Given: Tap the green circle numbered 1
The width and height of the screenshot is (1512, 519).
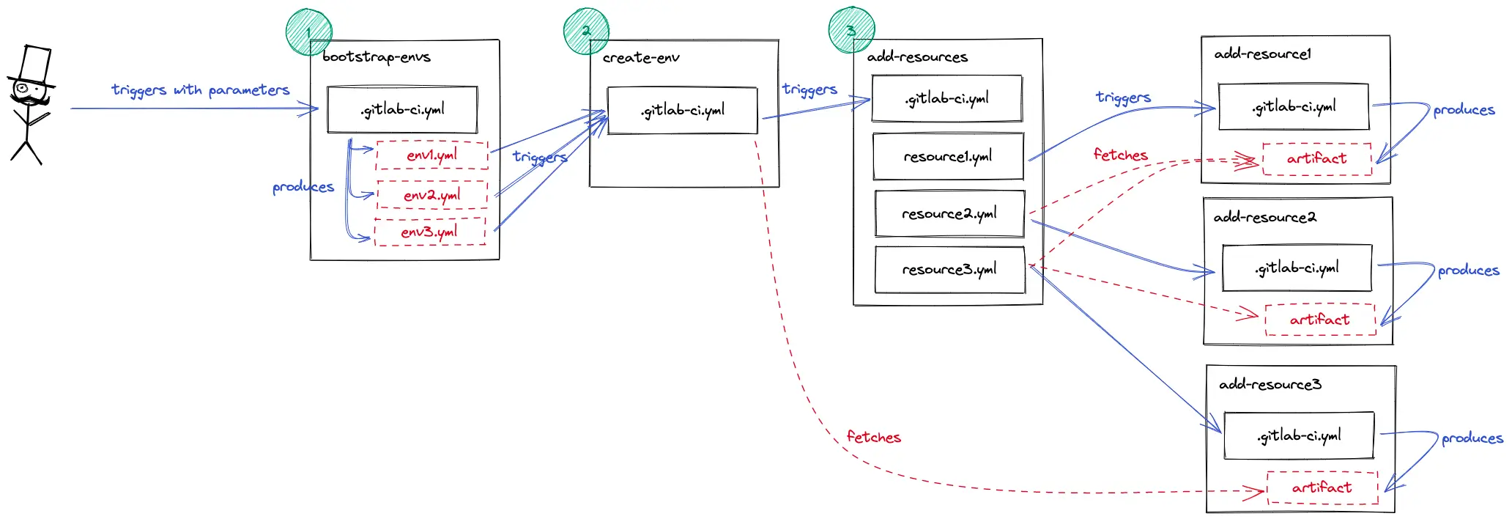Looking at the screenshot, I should pyautogui.click(x=308, y=32).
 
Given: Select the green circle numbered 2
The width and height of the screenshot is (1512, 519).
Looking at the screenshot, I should pyautogui.click(x=586, y=31).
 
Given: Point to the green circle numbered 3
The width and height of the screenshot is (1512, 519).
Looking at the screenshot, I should pyautogui.click(x=850, y=30).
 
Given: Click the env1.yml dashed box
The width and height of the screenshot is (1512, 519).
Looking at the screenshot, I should pyautogui.click(x=431, y=155).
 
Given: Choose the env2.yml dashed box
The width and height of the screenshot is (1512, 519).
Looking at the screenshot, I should pyautogui.click(x=431, y=195).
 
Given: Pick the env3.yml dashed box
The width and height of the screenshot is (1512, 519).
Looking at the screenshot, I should pyautogui.click(x=429, y=232).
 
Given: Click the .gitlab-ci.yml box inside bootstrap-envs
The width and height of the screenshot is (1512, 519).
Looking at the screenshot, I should pyautogui.click(x=402, y=110).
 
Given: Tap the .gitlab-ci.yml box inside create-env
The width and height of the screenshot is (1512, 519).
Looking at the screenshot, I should pyautogui.click(x=682, y=111).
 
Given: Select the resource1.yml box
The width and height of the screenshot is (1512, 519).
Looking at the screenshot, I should pyautogui.click(x=948, y=156).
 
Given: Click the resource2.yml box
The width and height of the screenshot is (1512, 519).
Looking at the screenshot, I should pyautogui.click(x=949, y=213).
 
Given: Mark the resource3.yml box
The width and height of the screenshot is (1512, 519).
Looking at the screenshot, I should pyautogui.click(x=949, y=269).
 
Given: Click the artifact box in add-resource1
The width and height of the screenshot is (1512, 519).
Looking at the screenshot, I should pyautogui.click(x=1316, y=158).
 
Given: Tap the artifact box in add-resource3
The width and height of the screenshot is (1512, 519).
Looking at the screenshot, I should pyautogui.click(x=1322, y=487).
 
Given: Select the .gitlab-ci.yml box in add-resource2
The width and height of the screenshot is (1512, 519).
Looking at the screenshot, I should pyautogui.click(x=1297, y=268).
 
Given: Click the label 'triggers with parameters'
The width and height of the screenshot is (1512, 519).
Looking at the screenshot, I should pyautogui.click(x=200, y=89).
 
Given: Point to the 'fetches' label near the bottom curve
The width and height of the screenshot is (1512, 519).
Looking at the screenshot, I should pyautogui.click(x=873, y=437).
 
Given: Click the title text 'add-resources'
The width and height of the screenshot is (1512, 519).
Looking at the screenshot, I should pyautogui.click(x=917, y=56).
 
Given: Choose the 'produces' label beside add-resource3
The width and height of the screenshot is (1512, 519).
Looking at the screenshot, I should pyautogui.click(x=1472, y=438).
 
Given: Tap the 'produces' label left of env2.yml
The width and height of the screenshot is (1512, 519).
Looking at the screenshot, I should pyautogui.click(x=303, y=187).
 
